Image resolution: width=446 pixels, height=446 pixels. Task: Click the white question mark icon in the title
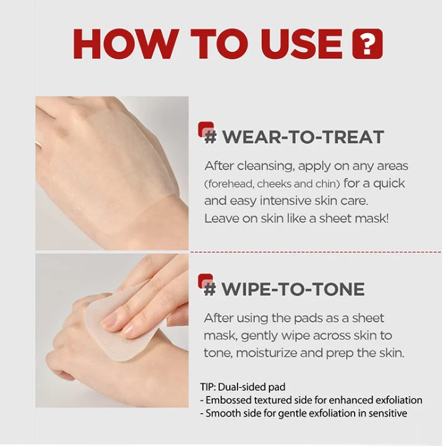pos(367,44)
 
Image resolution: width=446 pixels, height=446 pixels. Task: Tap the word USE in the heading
pos(302,44)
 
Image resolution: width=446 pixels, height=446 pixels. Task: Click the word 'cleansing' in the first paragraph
pos(265,166)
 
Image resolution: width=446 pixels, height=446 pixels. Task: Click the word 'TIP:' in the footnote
pos(208,387)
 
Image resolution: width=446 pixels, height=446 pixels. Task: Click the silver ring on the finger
pos(39,143)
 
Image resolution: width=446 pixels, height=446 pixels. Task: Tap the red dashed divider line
pos(316,252)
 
